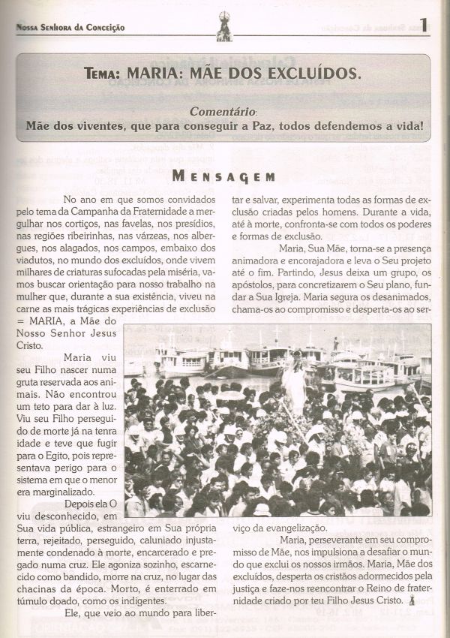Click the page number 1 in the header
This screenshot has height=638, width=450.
coord(424,25)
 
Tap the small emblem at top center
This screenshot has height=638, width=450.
coord(223,23)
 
